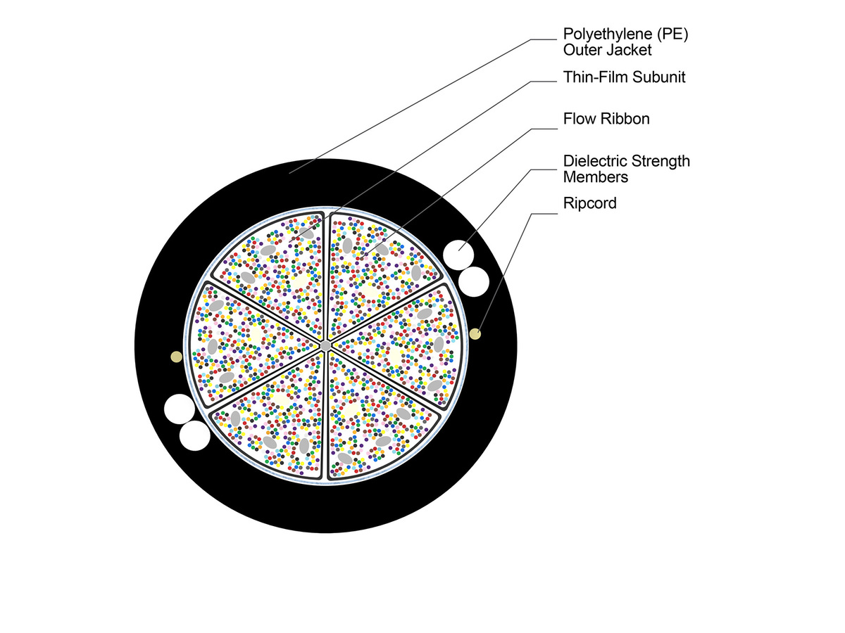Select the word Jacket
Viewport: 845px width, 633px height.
pyautogui.click(x=626, y=50)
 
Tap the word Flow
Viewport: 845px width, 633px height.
pyautogui.click(x=579, y=119)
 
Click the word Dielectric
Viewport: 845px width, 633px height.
pyautogui.click(x=597, y=161)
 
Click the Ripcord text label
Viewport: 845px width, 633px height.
pyautogui.click(x=590, y=203)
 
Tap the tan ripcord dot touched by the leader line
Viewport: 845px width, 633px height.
pyautogui.click(x=475, y=333)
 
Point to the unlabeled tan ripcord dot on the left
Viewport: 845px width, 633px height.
pyautogui.click(x=176, y=357)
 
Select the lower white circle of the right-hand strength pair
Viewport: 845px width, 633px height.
pyautogui.click(x=473, y=281)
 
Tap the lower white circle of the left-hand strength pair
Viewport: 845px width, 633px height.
pyautogui.click(x=194, y=436)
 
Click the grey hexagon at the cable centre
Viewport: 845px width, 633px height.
pyautogui.click(x=325, y=345)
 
